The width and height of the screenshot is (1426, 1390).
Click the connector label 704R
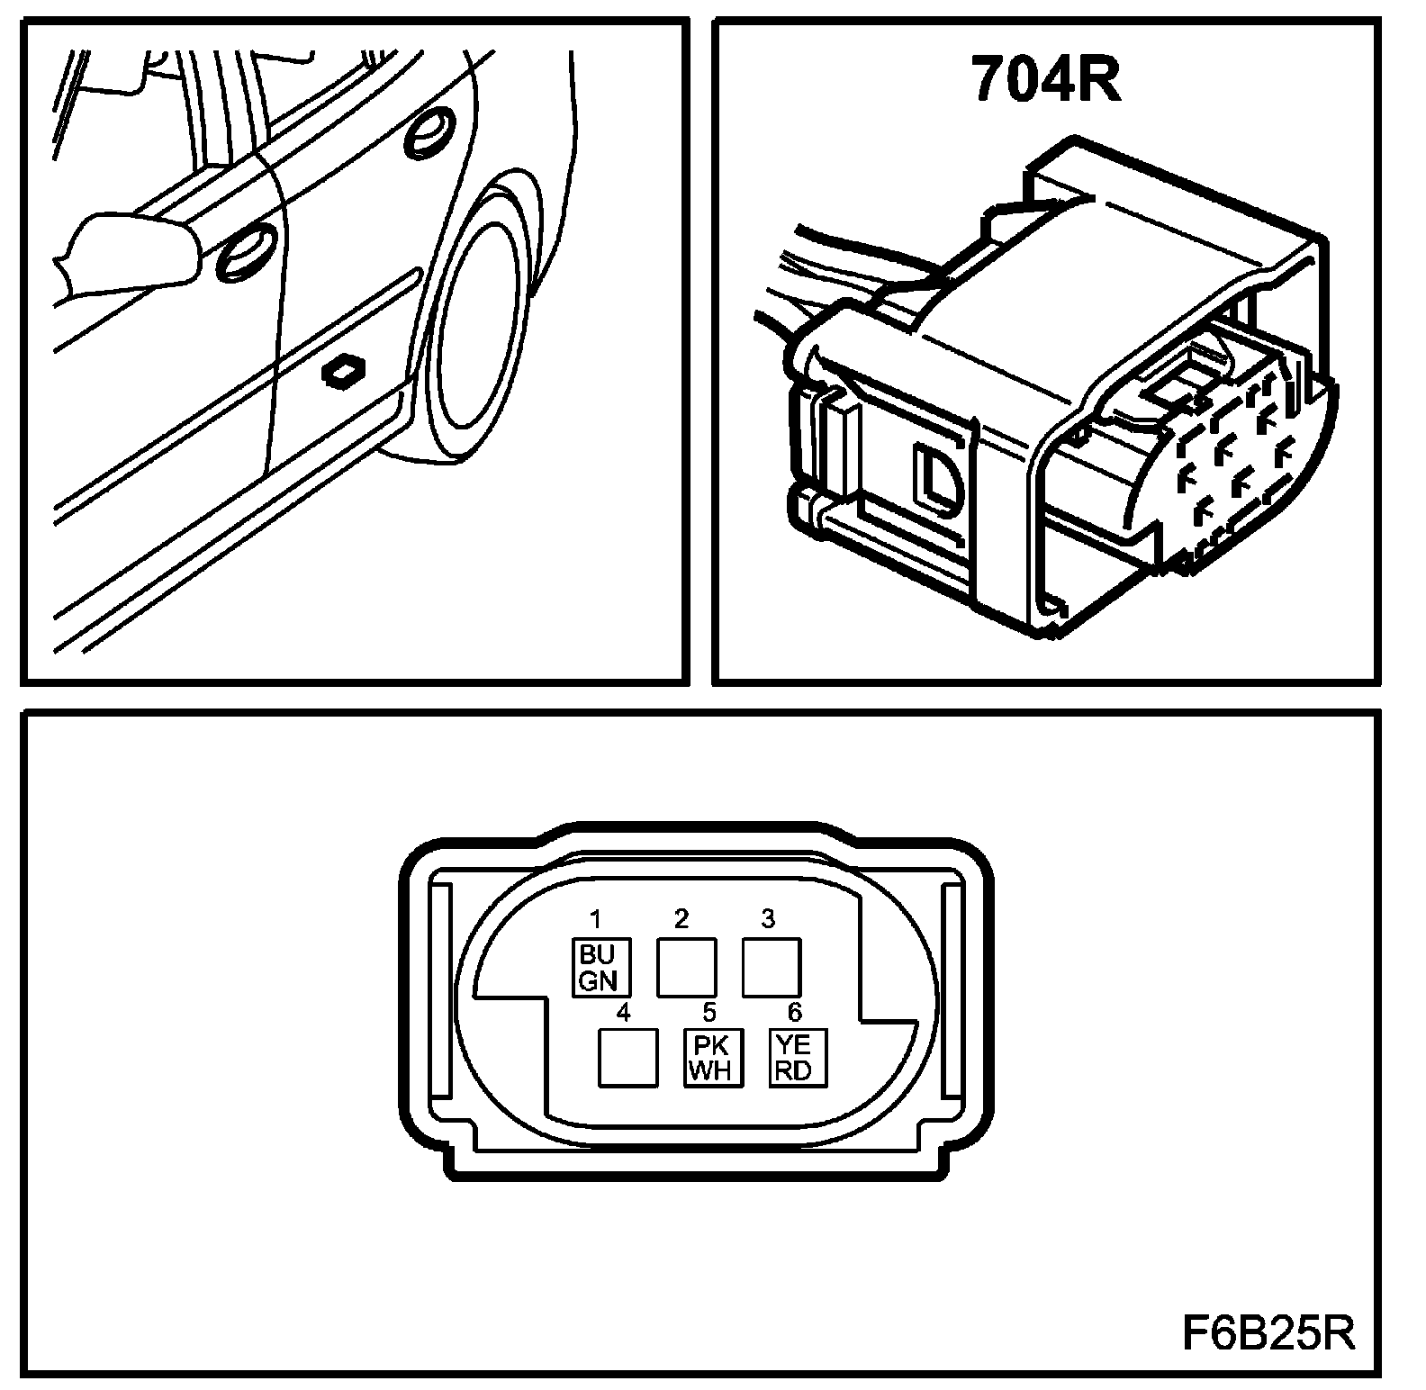pyautogui.click(x=1045, y=80)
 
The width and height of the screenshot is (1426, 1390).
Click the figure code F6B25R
pyautogui.click(x=1268, y=1332)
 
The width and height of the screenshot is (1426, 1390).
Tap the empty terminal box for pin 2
pyautogui.click(x=687, y=967)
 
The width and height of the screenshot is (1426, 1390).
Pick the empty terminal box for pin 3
pyautogui.click(x=771, y=967)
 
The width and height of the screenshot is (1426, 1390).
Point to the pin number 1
pyautogui.click(x=596, y=919)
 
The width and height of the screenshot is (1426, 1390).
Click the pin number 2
pyautogui.click(x=681, y=919)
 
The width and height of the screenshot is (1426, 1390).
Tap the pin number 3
pyautogui.click(x=767, y=919)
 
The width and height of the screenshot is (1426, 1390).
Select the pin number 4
pyautogui.click(x=622, y=1012)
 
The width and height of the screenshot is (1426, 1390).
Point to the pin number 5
pyautogui.click(x=708, y=1012)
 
